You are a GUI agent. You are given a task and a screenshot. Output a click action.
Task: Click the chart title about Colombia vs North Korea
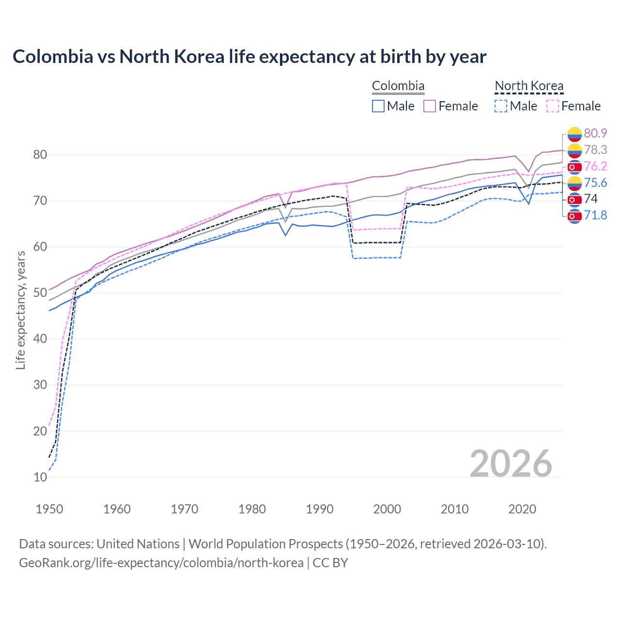(x=249, y=57)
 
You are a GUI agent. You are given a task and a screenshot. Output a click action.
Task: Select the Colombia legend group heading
(x=398, y=86)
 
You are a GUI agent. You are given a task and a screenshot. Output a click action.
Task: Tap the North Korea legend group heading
(x=529, y=86)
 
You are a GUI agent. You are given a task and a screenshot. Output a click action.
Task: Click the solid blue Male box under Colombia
(x=378, y=106)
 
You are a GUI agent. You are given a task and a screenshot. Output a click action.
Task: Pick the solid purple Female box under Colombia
(x=430, y=106)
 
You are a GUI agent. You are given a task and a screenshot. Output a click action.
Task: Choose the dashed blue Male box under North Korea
(x=501, y=106)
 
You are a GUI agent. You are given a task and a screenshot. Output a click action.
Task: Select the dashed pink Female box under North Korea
(x=553, y=106)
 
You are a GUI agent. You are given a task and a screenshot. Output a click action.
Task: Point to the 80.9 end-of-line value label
(x=595, y=133)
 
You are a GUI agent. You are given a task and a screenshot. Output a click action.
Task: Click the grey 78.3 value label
(x=595, y=150)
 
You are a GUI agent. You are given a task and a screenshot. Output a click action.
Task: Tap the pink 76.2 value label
(x=595, y=166)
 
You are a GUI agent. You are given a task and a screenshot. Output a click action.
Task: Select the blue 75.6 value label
(x=595, y=183)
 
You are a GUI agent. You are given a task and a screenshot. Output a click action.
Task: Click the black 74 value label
(x=590, y=199)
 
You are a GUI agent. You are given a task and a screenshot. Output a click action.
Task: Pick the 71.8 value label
(x=595, y=215)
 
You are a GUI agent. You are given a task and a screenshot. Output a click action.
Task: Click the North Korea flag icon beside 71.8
(x=574, y=216)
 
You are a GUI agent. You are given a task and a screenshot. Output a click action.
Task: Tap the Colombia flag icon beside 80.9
(x=574, y=134)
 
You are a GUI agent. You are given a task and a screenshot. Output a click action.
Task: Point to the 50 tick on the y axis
(x=40, y=293)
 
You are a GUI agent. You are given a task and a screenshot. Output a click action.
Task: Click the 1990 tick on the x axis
(x=320, y=509)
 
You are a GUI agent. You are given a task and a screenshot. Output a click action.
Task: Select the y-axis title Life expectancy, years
(x=20, y=310)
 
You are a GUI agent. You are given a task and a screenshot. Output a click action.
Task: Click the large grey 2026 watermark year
(x=511, y=464)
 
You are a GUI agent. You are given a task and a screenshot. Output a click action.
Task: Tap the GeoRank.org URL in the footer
(x=161, y=562)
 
